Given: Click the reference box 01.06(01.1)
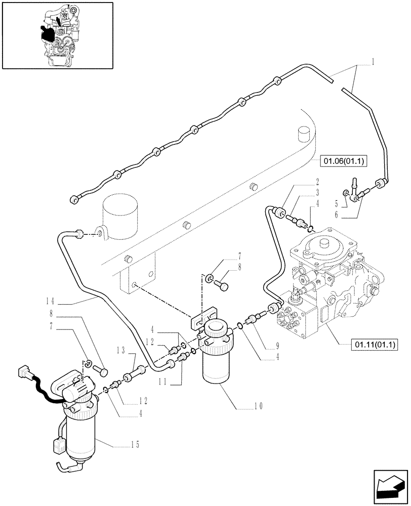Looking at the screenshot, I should coord(344,161).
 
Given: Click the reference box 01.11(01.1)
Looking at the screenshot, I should coord(374,345).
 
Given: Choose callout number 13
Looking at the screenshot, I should coord(120,350).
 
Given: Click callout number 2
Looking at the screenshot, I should coord(317,181).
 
